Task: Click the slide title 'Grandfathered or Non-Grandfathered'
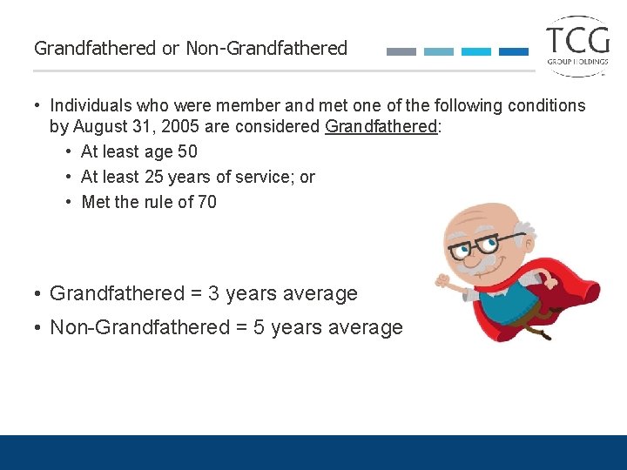(x=191, y=49)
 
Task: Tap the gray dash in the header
(x=401, y=51)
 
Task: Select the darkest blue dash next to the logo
(x=514, y=51)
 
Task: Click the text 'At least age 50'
(x=138, y=151)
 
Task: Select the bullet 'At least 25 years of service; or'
(x=198, y=177)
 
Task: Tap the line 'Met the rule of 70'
(x=149, y=202)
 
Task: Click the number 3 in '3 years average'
(x=214, y=294)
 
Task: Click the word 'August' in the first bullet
(x=102, y=127)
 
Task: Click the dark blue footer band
(x=313, y=453)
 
